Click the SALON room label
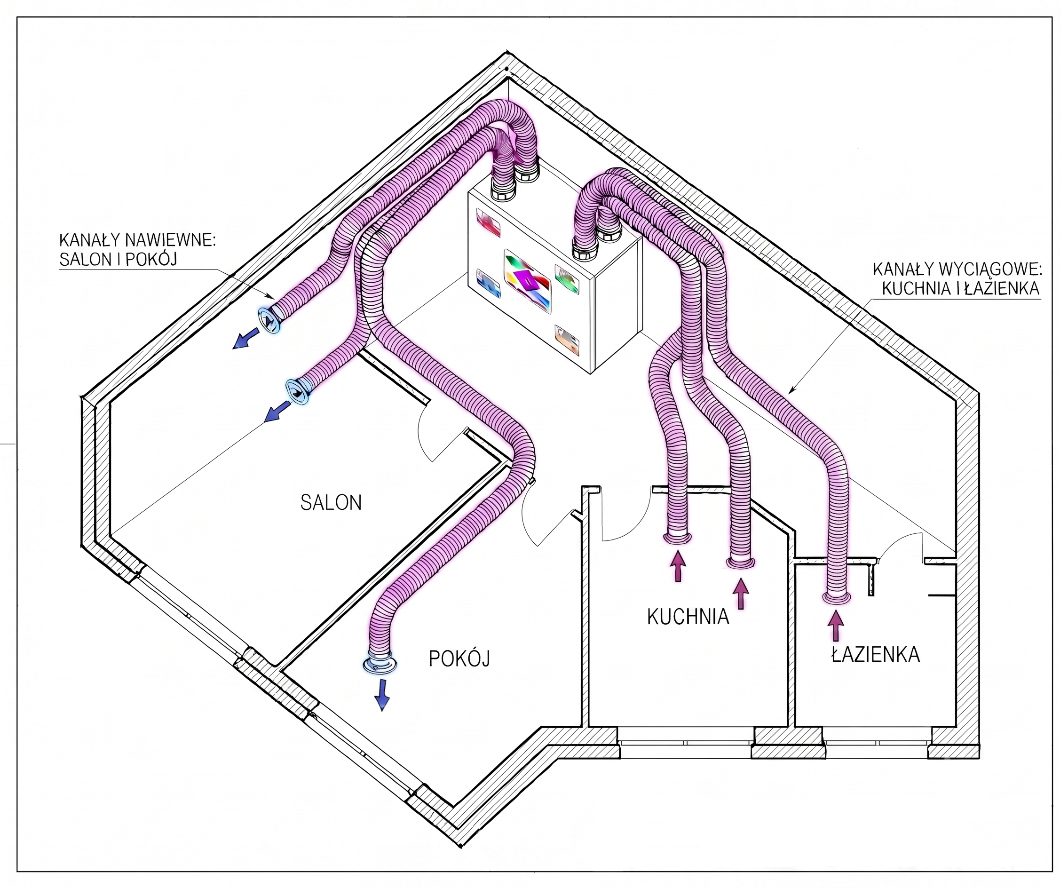(331, 502)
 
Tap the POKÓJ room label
(459, 658)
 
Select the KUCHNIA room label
(688, 617)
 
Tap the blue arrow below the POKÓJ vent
(382, 695)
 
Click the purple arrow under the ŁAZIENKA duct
(836, 626)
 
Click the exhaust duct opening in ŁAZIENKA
(837, 598)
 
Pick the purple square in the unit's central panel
(524, 279)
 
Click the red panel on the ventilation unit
(488, 222)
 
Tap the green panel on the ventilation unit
(567, 278)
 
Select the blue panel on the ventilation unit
(488, 284)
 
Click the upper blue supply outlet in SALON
(269, 320)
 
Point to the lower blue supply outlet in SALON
(298, 392)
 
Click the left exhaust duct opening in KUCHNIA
(677, 538)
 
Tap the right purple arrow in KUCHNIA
(741, 594)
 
